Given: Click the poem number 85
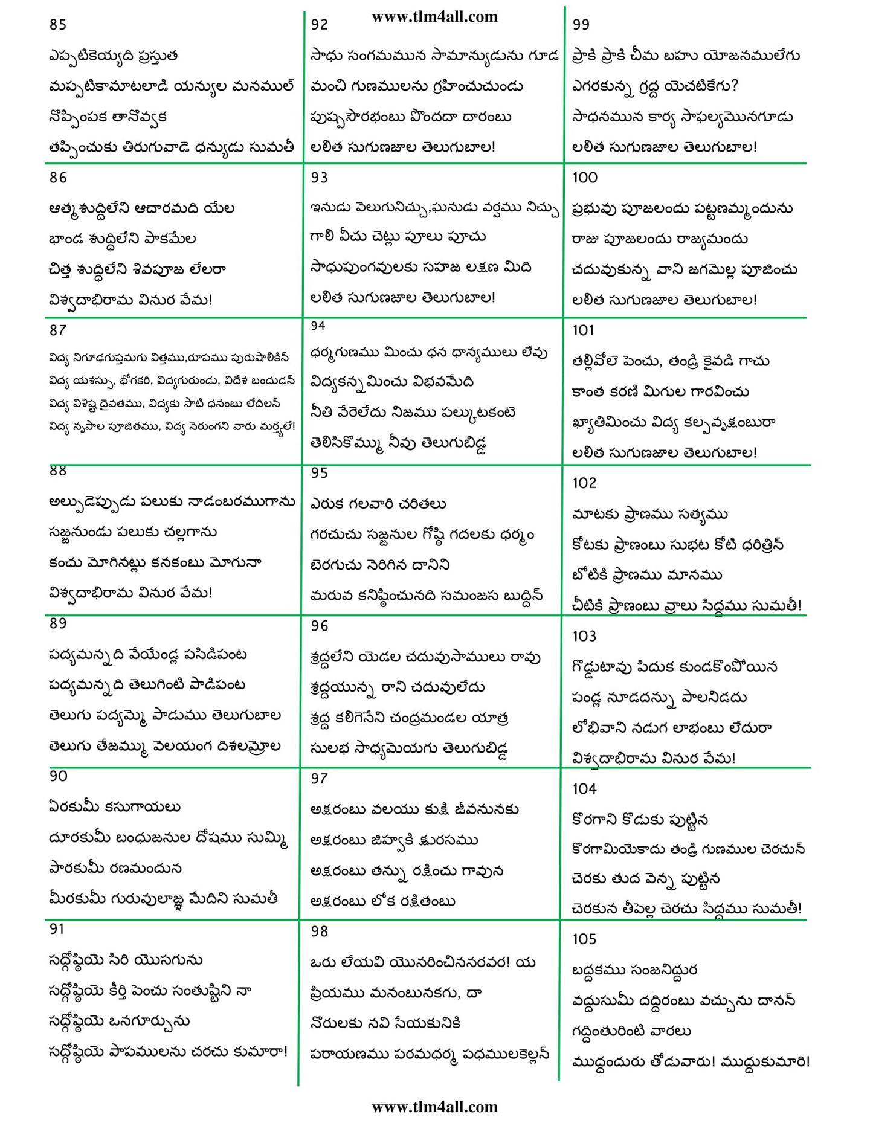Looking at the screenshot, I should [x=58, y=25].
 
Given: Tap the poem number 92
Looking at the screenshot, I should [x=319, y=24].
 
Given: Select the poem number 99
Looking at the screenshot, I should [x=581, y=24].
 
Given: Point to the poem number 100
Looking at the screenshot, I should [x=584, y=178].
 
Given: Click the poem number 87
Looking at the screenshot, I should [x=58, y=330].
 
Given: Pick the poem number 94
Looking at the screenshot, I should [x=318, y=326].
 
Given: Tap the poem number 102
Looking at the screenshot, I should [x=584, y=483].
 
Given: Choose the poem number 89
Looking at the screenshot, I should [x=58, y=623].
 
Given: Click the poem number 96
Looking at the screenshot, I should [x=320, y=626].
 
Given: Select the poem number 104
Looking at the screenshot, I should [x=584, y=788].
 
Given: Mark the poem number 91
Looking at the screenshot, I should [x=57, y=929].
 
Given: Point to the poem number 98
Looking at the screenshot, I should [x=320, y=931].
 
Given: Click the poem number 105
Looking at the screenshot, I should [x=584, y=939].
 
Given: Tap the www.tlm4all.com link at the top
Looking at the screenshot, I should [x=434, y=17].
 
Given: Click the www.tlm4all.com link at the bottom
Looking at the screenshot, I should [x=434, y=1107].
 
